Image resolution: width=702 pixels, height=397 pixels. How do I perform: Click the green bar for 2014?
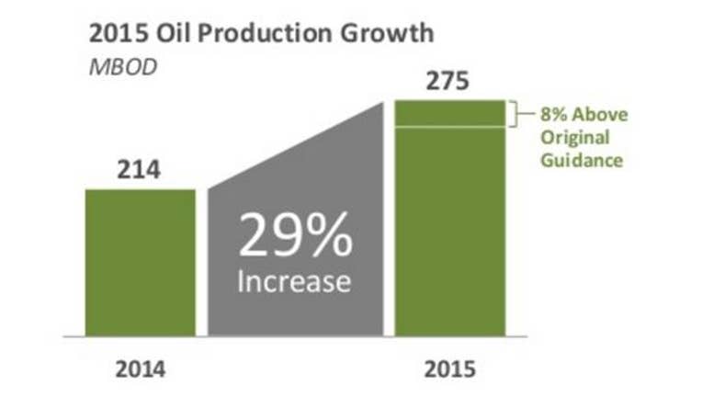[141, 263]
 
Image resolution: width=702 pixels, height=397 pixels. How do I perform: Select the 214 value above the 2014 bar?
[139, 170]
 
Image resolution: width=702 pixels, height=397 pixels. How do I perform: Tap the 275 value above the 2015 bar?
[447, 82]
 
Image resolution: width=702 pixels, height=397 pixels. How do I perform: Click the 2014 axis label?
[141, 369]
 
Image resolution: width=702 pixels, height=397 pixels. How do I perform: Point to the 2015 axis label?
[450, 369]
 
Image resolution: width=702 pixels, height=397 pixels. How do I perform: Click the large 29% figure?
[296, 235]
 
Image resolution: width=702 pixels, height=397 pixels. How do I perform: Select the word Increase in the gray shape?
[294, 281]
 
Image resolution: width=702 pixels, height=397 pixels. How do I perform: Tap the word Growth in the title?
[387, 33]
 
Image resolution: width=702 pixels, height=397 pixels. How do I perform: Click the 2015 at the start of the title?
[119, 33]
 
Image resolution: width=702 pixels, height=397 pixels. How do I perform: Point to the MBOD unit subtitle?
[123, 67]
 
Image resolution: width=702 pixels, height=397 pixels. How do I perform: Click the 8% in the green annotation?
[554, 115]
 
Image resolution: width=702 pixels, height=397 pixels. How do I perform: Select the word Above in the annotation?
[600, 115]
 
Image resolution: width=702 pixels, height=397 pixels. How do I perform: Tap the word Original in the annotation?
[575, 138]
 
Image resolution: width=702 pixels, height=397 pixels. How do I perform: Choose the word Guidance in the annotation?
[582, 160]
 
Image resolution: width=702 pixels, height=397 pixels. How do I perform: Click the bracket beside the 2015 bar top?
[517, 114]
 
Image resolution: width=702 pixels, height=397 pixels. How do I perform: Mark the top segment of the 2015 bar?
[450, 113]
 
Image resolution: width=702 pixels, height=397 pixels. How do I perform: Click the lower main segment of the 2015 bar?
[450, 232]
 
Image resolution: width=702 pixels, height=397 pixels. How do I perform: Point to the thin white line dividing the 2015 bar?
[450, 127]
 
